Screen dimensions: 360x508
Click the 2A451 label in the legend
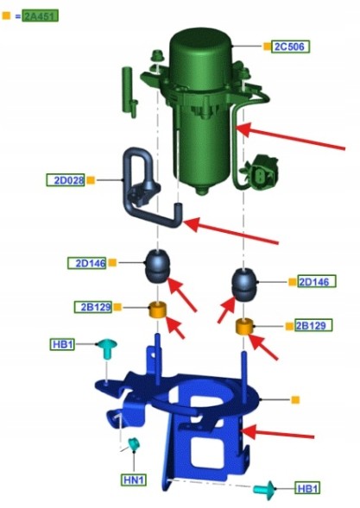click(x=41, y=16)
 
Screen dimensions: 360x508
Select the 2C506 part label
click(x=291, y=47)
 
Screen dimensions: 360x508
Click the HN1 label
click(x=134, y=480)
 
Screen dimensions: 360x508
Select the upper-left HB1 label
click(x=62, y=344)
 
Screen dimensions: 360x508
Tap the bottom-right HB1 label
click(x=307, y=488)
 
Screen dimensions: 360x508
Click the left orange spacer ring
click(x=158, y=310)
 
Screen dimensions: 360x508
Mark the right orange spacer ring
click(x=244, y=327)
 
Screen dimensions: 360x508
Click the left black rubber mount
click(x=157, y=267)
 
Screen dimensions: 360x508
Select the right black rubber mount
click(x=244, y=285)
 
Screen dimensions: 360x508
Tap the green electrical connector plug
click(x=261, y=172)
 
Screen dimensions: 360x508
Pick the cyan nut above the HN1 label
click(x=133, y=443)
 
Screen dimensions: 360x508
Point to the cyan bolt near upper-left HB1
click(x=107, y=348)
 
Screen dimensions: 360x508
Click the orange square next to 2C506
click(x=267, y=47)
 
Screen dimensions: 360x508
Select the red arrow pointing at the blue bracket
click(x=278, y=434)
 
